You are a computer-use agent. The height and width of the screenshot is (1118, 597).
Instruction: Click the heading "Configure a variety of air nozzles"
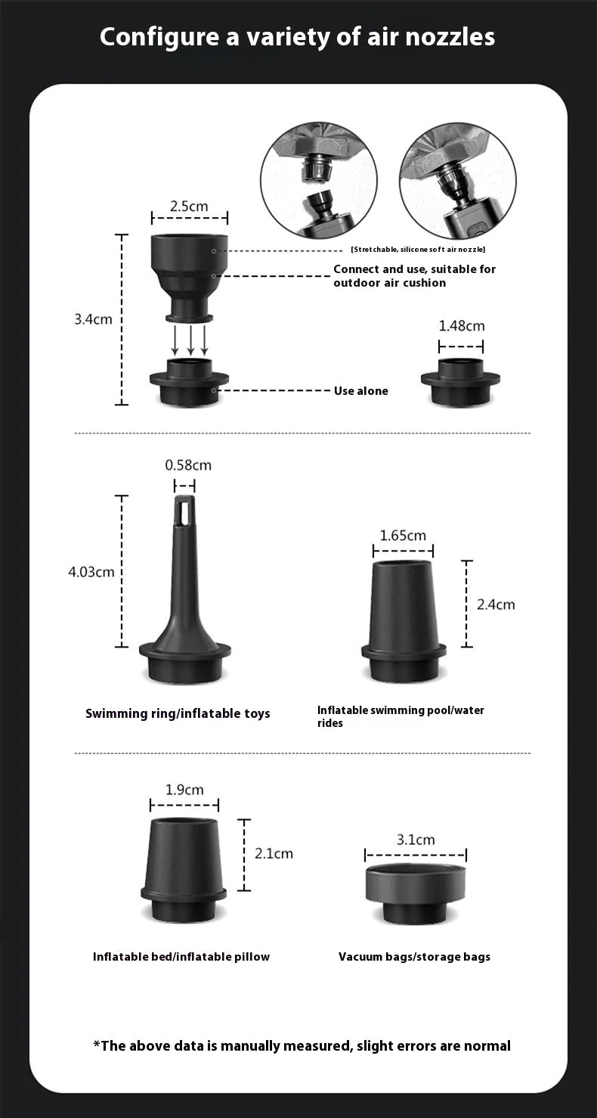tap(298, 36)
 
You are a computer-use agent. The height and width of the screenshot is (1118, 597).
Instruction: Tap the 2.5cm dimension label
tap(189, 206)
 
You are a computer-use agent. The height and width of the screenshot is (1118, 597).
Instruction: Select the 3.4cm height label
tap(93, 319)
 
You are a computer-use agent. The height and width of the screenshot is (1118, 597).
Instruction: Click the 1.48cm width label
tap(462, 326)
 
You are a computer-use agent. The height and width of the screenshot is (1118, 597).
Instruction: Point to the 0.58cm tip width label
tap(188, 465)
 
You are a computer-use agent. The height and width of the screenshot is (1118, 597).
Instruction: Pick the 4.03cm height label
tap(91, 572)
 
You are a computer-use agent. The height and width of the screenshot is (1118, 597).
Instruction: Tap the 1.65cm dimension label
tap(403, 536)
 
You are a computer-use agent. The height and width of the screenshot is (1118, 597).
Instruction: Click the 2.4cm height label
tap(496, 604)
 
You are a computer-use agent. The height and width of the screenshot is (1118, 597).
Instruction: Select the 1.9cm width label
tap(184, 790)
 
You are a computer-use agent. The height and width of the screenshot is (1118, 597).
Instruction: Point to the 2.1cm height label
tap(274, 853)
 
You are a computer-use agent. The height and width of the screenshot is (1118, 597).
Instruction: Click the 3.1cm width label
tap(416, 840)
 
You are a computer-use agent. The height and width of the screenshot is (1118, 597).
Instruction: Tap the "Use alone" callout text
tap(360, 391)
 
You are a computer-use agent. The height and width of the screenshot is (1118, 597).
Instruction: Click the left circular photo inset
tap(318, 180)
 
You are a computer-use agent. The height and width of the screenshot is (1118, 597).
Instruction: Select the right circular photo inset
tap(457, 180)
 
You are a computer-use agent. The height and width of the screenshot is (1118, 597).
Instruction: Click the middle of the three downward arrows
tap(190, 340)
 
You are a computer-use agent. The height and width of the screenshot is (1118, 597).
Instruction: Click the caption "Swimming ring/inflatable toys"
tap(178, 713)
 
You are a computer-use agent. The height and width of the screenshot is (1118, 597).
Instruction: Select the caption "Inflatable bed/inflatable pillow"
tap(181, 957)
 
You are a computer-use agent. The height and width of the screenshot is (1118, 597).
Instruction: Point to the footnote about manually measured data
tap(302, 1046)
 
